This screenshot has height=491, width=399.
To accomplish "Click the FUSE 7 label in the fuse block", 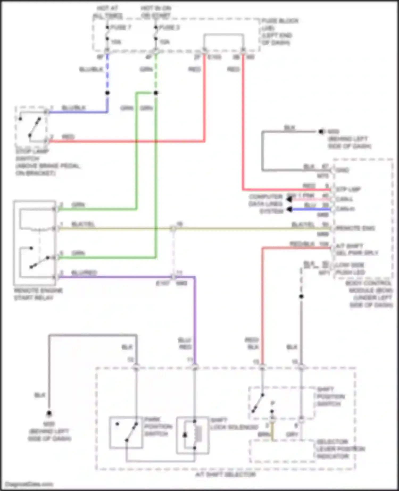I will (120, 27).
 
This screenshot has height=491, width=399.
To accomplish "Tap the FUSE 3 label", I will (169, 27).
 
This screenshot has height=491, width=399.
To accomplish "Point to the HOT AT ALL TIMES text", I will (108, 12).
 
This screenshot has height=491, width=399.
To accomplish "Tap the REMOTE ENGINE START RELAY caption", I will (38, 294).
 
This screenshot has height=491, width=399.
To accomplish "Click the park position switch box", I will (126, 433).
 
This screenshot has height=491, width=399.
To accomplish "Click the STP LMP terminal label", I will (348, 190).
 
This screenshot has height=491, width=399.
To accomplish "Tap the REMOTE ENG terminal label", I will (355, 228).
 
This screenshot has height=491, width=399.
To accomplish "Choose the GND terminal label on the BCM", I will (342, 170).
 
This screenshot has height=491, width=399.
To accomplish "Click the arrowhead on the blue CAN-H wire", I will (289, 210).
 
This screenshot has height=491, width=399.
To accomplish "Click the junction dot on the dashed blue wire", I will (107, 93).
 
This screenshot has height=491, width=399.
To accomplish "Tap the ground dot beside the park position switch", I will (49, 413).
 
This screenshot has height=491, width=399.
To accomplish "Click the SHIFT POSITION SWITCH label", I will (331, 397).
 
